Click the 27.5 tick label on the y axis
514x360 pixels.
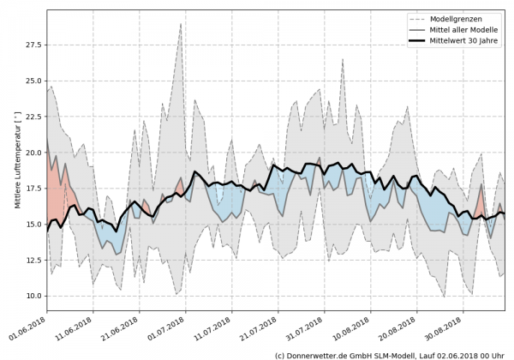point(33,45)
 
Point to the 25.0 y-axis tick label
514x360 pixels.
point(33,81)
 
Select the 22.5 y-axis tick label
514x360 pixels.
point(33,117)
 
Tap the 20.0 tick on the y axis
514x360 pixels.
point(33,153)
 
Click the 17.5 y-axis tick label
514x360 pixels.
point(33,188)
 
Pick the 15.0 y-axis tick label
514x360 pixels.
point(33,224)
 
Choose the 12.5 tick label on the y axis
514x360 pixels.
point(33,260)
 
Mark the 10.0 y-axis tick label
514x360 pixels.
point(33,295)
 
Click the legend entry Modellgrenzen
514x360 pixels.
point(459,17)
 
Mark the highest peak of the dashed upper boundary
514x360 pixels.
point(181,23)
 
